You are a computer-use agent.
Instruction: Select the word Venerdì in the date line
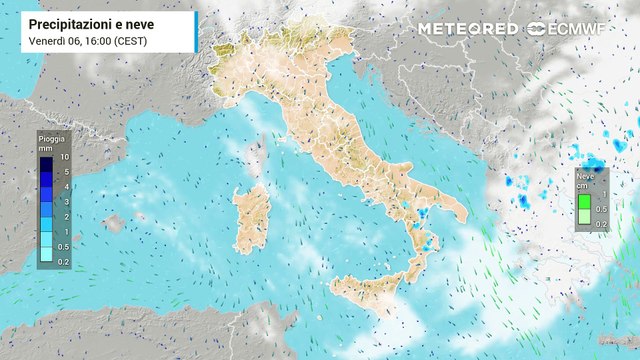coord(49,39)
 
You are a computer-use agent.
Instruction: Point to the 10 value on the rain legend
coord(64,158)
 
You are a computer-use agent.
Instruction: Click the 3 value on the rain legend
coord(64,201)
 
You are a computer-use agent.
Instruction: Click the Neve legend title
coord(584,175)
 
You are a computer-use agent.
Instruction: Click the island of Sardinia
coord(248,218)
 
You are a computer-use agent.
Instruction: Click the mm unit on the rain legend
coord(46,147)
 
